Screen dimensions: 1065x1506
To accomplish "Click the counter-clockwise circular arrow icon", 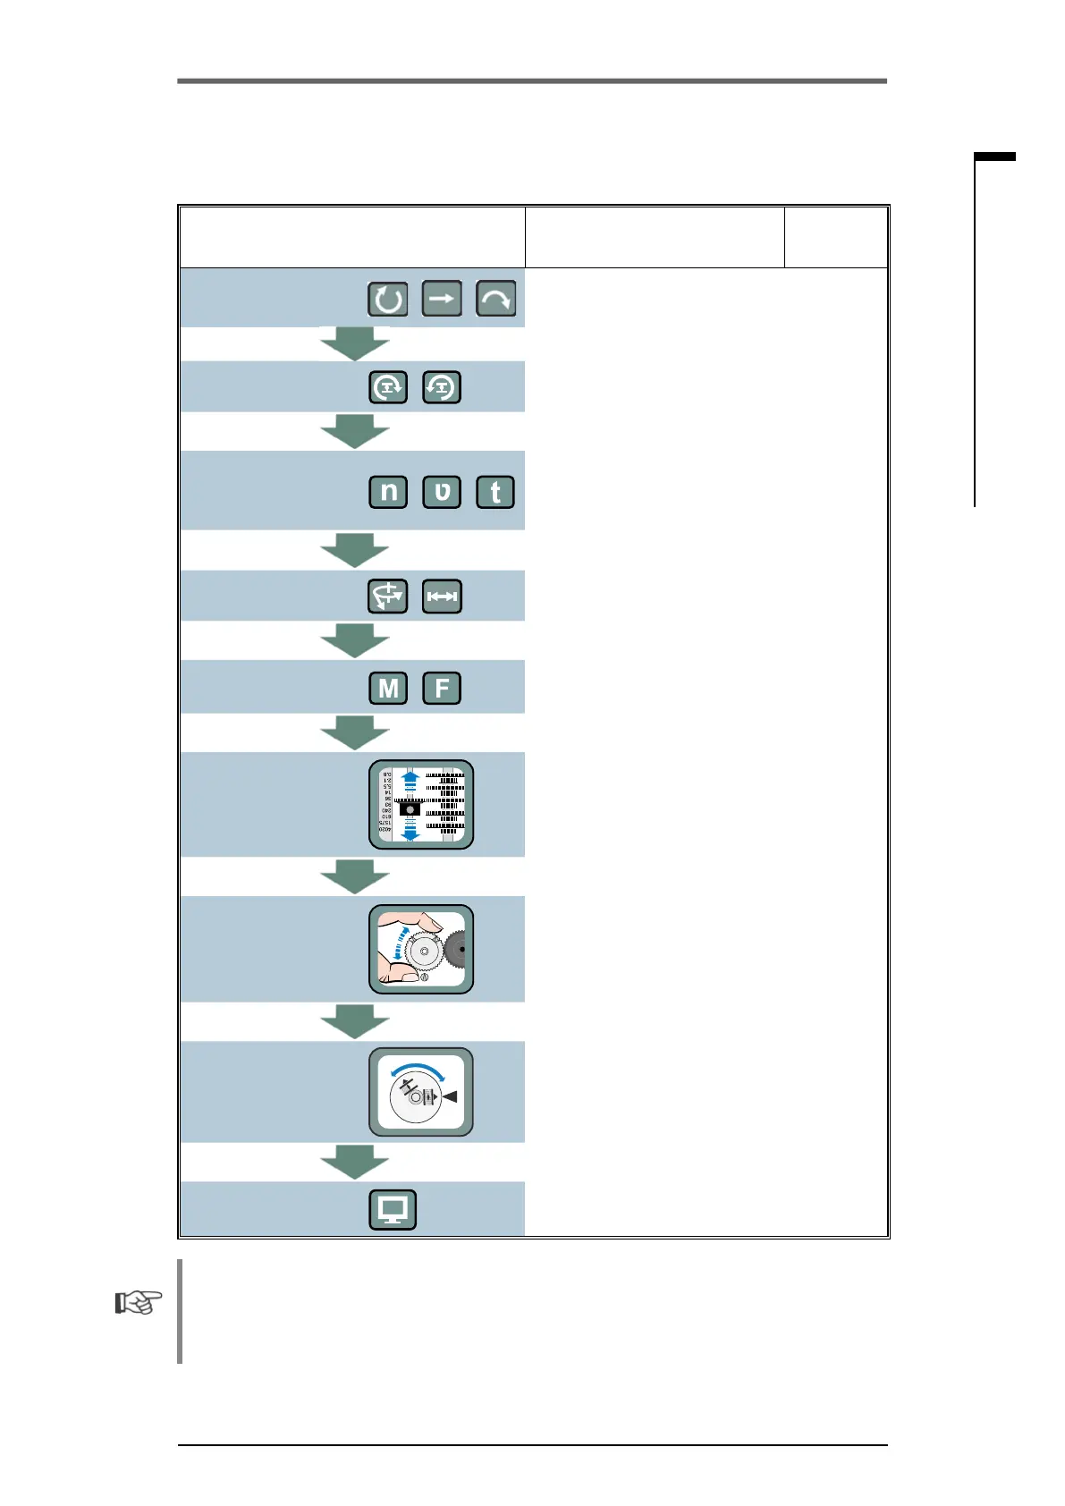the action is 388,299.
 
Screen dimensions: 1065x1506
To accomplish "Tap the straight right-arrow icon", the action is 442,299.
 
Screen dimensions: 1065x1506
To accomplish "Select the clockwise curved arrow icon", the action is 495,299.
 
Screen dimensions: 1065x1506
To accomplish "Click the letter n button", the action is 388,492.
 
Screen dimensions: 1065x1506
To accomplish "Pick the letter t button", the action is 495,492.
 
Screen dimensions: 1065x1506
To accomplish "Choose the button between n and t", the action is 442,492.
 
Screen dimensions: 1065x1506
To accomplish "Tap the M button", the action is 388,688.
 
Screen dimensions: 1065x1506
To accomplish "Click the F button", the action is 442,688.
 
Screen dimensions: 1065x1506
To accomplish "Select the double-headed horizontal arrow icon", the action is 442,596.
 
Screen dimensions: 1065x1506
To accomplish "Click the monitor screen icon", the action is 393,1209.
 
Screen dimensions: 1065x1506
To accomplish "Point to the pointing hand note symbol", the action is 139,1302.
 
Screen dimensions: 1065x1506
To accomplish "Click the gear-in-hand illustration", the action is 421,949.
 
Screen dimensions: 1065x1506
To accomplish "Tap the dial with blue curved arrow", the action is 421,1092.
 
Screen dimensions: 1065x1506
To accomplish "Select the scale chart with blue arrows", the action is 421,805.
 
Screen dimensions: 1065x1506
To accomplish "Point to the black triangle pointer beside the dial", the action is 450,1096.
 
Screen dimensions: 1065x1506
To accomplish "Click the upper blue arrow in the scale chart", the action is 410,781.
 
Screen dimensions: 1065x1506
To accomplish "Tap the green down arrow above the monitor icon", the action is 355,1162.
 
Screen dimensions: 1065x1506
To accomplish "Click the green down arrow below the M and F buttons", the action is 355,732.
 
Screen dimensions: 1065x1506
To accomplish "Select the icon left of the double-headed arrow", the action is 388,596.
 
